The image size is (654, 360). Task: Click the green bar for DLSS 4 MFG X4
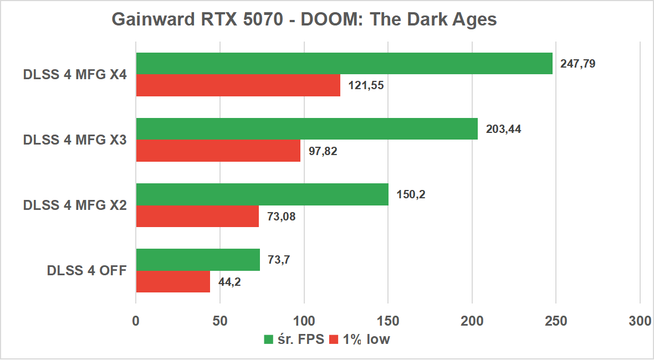[x=344, y=63]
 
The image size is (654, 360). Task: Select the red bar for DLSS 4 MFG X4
[x=238, y=85]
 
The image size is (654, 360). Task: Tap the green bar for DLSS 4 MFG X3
[x=306, y=128]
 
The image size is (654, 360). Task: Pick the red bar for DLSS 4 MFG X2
[x=197, y=216]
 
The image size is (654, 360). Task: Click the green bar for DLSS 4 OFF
[x=198, y=260]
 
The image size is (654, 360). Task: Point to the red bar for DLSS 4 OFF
[x=173, y=281]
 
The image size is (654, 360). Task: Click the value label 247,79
[x=578, y=63]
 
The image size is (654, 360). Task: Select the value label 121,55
[x=366, y=85]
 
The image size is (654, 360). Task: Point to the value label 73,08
[x=281, y=217]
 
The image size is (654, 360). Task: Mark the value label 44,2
[x=229, y=282]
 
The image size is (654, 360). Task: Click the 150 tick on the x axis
[x=388, y=321]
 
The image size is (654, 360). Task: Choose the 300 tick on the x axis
[x=640, y=321]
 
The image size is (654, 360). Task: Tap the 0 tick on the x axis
[x=136, y=321]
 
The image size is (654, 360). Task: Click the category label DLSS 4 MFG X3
[x=75, y=140]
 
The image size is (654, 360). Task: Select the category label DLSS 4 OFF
[x=87, y=271]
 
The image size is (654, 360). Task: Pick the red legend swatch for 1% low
[x=334, y=340]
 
